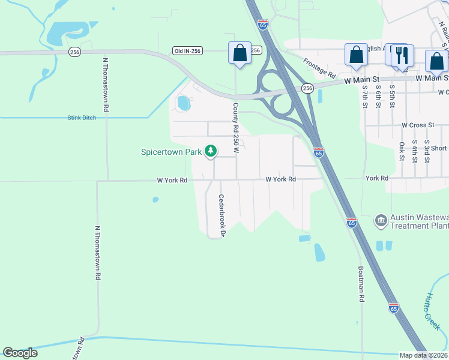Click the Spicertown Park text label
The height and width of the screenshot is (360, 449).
pyautogui.click(x=171, y=152)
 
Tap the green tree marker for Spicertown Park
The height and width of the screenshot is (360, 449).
pyautogui.click(x=211, y=151)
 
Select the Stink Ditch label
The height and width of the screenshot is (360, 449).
pyautogui.click(x=82, y=118)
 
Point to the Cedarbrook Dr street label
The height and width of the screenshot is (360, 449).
pyautogui.click(x=221, y=215)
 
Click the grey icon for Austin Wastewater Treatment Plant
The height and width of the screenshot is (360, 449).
pyautogui.click(x=380, y=221)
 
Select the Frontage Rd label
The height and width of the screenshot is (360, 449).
pyautogui.click(x=319, y=68)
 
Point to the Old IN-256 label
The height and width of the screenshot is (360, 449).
pyautogui.click(x=185, y=50)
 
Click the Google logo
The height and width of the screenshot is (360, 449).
pyautogui.click(x=20, y=353)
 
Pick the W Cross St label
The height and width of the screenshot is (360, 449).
pyautogui.click(x=418, y=125)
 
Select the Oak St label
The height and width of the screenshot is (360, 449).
pyautogui.click(x=402, y=147)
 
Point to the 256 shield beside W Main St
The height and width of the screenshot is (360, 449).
pyautogui.click(x=307, y=88)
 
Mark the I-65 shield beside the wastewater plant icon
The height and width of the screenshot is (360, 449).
pyautogui.click(x=352, y=223)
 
